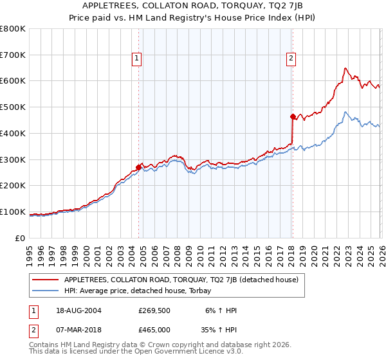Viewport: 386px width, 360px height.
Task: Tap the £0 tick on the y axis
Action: [20, 238]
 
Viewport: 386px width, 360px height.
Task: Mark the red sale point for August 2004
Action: [139, 167]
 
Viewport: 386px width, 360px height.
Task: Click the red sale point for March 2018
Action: [293, 116]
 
